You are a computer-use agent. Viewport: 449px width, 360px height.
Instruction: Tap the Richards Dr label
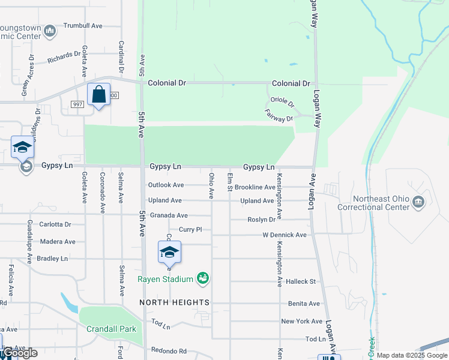[x=64, y=58]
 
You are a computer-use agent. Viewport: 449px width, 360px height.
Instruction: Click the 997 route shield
[x=77, y=104]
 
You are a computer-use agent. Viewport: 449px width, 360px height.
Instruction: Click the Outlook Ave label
[x=166, y=185]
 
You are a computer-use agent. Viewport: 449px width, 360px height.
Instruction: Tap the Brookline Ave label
[x=255, y=187]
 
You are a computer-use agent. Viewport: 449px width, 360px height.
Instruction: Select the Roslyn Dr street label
[x=261, y=220]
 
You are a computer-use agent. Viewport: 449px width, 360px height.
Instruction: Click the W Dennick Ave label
[x=285, y=235]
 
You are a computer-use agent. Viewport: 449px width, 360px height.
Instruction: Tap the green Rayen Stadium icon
[x=203, y=278]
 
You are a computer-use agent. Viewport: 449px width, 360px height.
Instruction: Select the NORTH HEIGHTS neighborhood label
[x=175, y=302]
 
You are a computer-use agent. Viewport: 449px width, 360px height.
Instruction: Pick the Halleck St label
[x=301, y=281]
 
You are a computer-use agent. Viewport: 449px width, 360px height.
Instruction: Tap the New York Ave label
[x=302, y=321]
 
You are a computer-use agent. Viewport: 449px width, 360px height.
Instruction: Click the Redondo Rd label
[x=169, y=351]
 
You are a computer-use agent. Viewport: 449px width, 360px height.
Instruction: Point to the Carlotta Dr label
[x=56, y=224]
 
